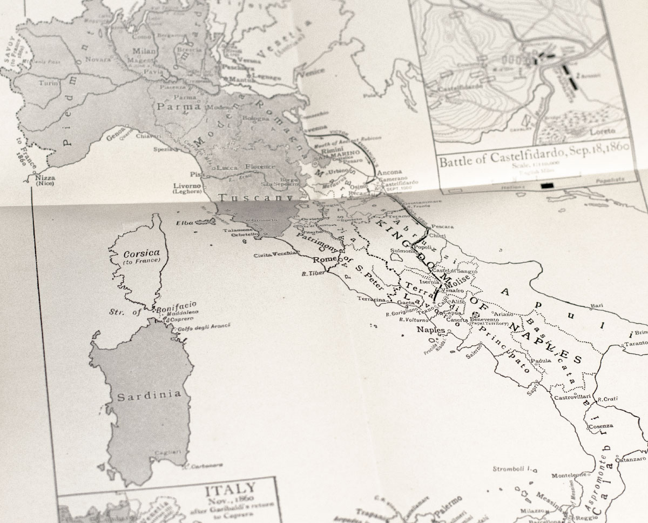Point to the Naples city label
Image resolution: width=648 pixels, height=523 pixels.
[431, 330]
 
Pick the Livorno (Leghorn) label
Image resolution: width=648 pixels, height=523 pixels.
[187, 189]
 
